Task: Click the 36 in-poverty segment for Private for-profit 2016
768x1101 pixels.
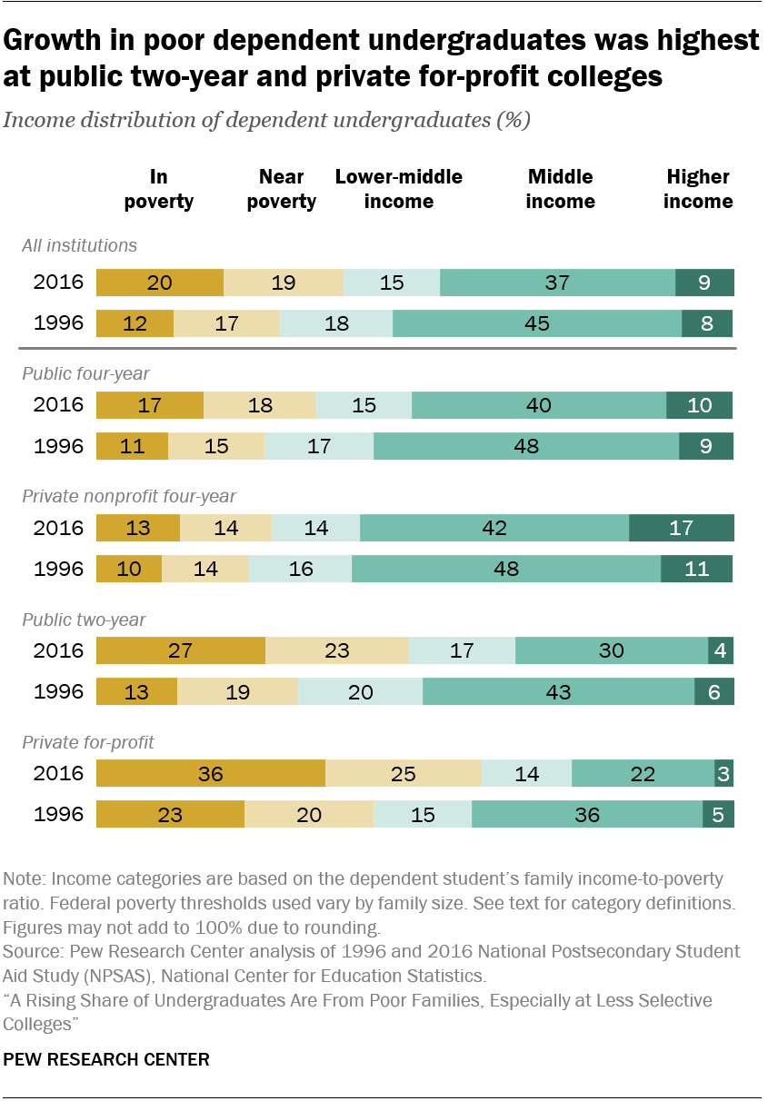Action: point(210,774)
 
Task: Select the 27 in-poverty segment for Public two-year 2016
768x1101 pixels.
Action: point(180,651)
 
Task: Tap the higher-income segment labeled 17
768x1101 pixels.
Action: point(681,528)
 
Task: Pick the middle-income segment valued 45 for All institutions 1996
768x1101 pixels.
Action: point(537,323)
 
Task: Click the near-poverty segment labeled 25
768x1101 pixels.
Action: point(403,774)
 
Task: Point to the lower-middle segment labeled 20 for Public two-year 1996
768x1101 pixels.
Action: point(360,692)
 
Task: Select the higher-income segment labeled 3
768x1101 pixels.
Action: point(723,774)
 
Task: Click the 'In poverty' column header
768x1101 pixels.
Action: point(158,189)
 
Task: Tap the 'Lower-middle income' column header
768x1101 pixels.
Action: point(398,189)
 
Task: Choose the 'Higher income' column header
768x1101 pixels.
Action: point(697,189)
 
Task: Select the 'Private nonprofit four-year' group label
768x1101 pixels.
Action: point(129,496)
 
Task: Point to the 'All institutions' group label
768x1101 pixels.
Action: point(79,245)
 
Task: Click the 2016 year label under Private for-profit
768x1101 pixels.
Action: point(58,774)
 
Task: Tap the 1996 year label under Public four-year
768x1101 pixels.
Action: point(58,447)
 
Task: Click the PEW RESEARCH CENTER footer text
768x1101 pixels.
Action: point(106,1059)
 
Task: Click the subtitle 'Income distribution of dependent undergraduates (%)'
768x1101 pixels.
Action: point(266,121)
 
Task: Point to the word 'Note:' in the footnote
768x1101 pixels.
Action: point(25,878)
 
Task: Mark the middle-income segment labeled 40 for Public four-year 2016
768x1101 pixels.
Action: point(538,405)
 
